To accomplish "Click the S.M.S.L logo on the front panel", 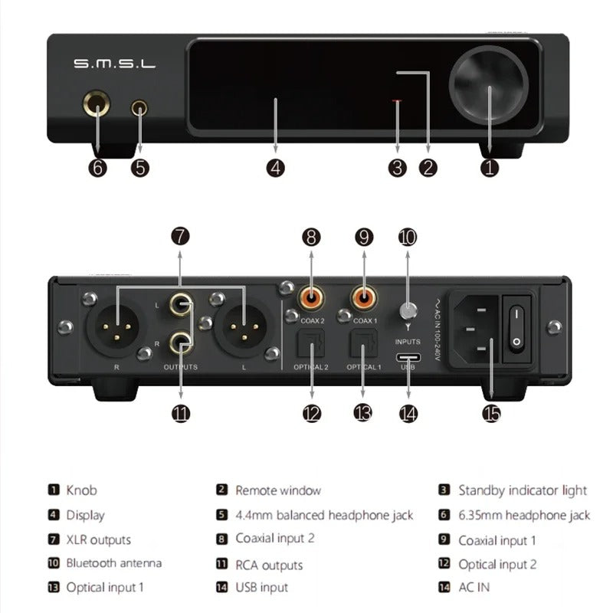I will pyautogui.click(x=114, y=64).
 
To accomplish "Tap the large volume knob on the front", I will pyautogui.click(x=488, y=80).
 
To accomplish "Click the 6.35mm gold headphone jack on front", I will pyautogui.click(x=98, y=108).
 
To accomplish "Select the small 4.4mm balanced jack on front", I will pyautogui.click(x=139, y=108).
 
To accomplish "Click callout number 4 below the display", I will pyautogui.click(x=276, y=168).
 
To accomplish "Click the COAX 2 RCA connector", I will pyautogui.click(x=311, y=295).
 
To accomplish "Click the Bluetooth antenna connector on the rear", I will pyautogui.click(x=408, y=311).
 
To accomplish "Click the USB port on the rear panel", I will pyautogui.click(x=408, y=357).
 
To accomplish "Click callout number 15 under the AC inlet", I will pyautogui.click(x=490, y=413).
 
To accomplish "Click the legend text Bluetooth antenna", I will pyautogui.click(x=113, y=563).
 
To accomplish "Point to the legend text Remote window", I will pyautogui.click(x=277, y=490).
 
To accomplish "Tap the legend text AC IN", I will pyautogui.click(x=474, y=588).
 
